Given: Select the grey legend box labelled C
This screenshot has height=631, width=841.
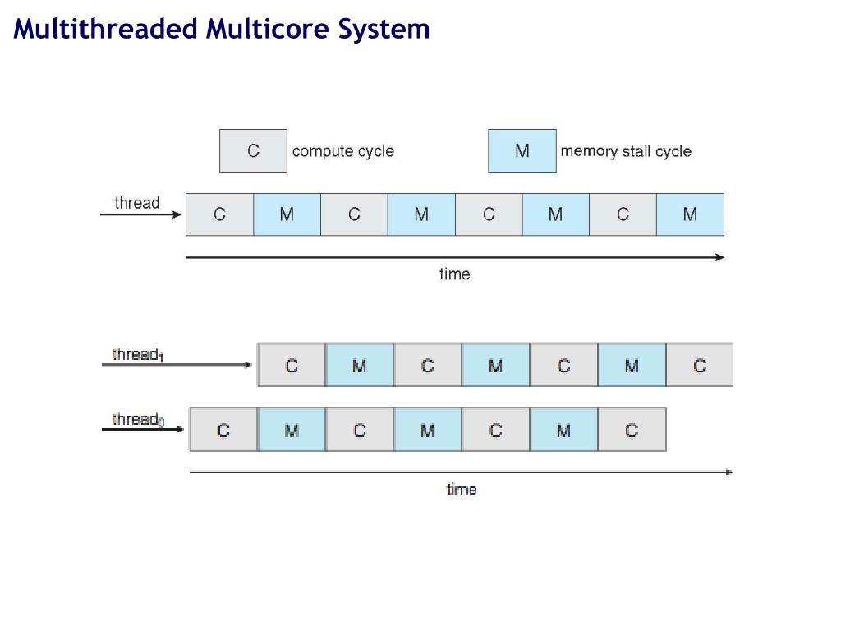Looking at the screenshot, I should [x=253, y=150].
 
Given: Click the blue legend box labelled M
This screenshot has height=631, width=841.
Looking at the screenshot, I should [x=522, y=150].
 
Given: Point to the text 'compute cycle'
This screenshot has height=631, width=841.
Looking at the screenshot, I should [x=343, y=151].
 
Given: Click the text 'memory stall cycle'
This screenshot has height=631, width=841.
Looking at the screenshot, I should [x=626, y=151].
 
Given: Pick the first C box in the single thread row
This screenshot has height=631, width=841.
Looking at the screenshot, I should [x=219, y=214].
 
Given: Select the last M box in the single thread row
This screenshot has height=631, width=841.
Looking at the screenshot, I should [x=690, y=214].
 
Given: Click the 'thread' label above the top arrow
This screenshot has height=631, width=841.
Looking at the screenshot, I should [x=137, y=203].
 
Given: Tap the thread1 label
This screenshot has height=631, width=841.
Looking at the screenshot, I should [x=137, y=355].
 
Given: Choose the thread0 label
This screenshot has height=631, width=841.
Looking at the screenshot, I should [x=137, y=420].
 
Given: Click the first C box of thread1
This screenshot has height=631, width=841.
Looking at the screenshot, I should [x=292, y=366].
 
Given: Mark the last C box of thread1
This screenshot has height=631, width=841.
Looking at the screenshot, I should [x=700, y=366].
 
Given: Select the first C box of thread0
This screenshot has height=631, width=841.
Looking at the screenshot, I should [x=223, y=431].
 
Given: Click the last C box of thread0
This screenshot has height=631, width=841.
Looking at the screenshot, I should [x=632, y=431].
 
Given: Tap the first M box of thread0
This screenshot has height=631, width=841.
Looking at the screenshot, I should [x=292, y=431].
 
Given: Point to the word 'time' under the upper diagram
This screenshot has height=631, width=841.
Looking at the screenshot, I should [x=454, y=274].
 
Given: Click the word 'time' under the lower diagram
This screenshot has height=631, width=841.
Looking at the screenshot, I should [x=461, y=490].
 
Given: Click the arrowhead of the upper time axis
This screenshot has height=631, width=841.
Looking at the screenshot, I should [x=720, y=257].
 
